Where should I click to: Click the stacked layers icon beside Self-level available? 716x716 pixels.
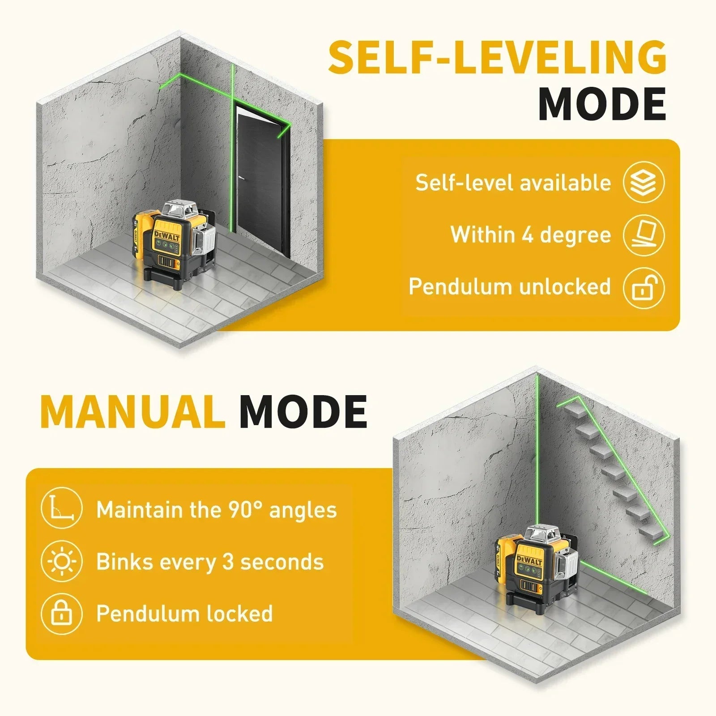pyautogui.click(x=644, y=183)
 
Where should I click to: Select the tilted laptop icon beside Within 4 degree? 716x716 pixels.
pyautogui.click(x=644, y=235)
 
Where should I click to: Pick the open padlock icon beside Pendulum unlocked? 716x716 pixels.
pyautogui.click(x=644, y=287)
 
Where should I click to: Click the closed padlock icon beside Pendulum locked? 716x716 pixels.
pyautogui.click(x=61, y=613)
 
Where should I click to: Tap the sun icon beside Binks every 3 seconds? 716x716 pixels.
pyautogui.click(x=61, y=561)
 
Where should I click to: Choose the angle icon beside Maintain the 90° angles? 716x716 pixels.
pyautogui.click(x=61, y=509)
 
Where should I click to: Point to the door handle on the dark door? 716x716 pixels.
pyautogui.click(x=243, y=178)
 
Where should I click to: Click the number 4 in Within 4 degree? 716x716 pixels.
pyautogui.click(x=528, y=235)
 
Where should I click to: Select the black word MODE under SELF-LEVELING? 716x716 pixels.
pyautogui.click(x=602, y=104)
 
